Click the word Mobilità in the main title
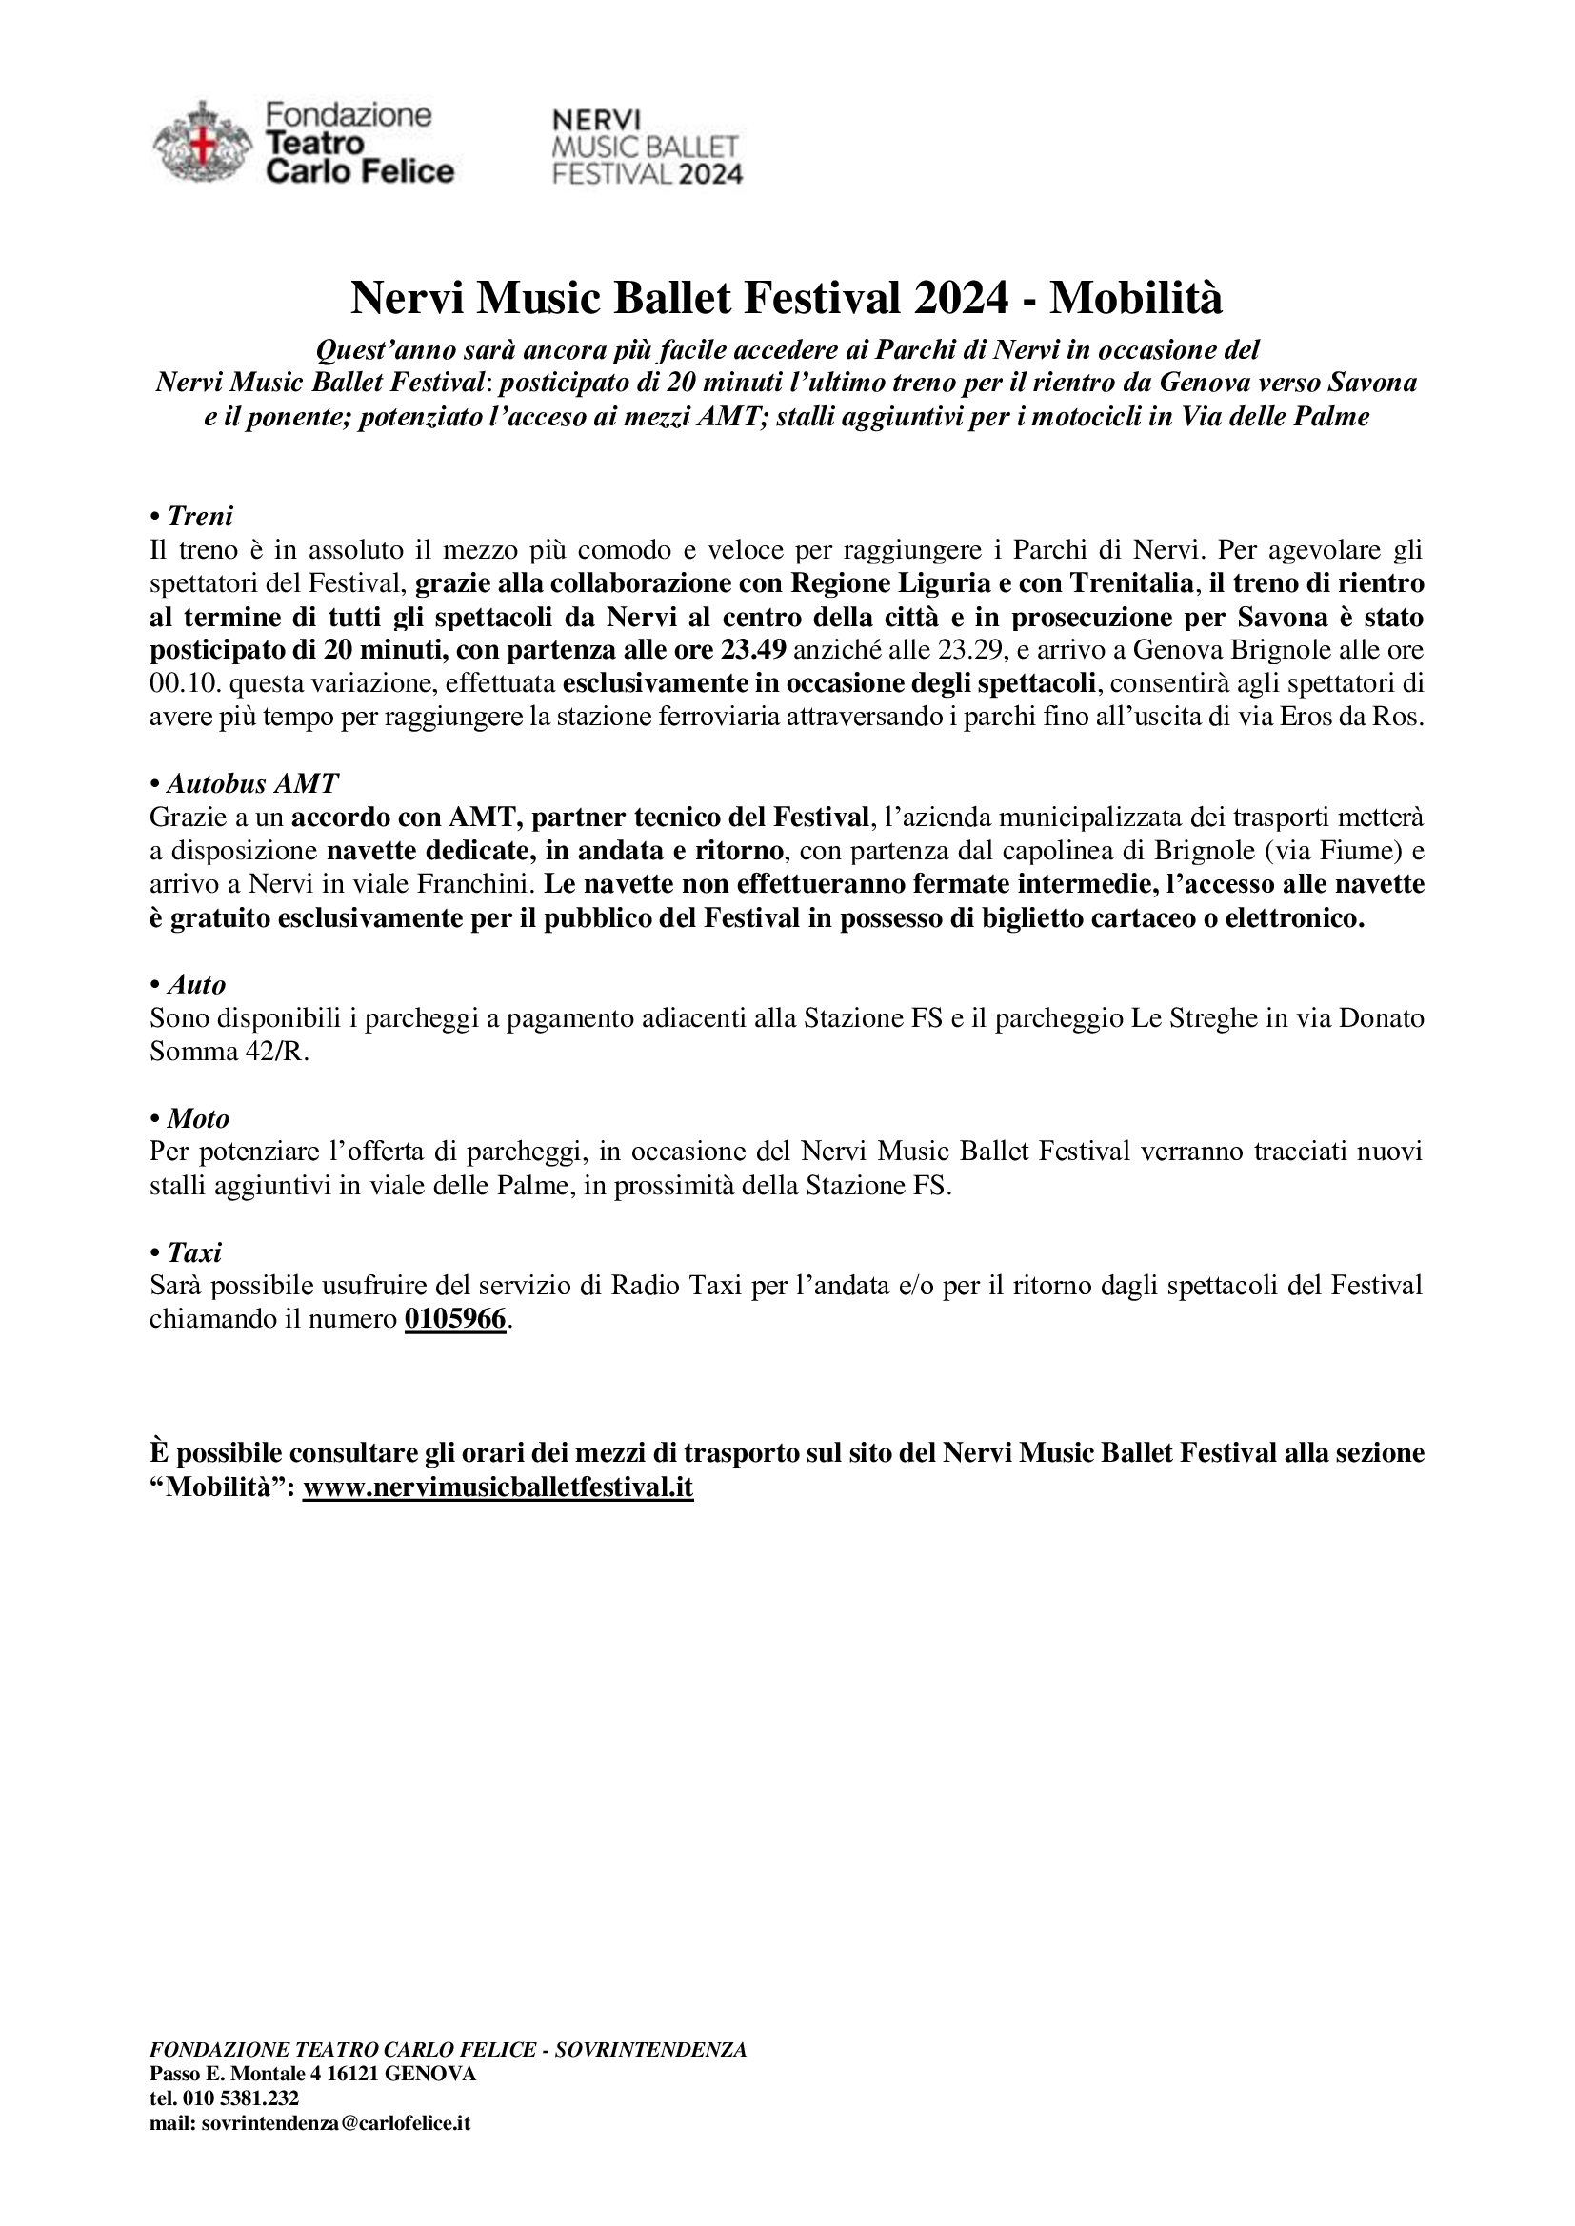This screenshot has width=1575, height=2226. (x=1137, y=299)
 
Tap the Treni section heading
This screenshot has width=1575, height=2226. (x=200, y=516)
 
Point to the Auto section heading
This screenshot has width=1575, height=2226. (x=196, y=985)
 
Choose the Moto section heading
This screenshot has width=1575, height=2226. (x=198, y=1119)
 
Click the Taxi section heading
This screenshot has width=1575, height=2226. (x=194, y=1252)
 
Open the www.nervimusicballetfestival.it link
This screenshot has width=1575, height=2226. (x=497, y=1487)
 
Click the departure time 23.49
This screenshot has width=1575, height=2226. (x=752, y=650)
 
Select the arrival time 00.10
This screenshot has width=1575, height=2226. (x=178, y=683)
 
